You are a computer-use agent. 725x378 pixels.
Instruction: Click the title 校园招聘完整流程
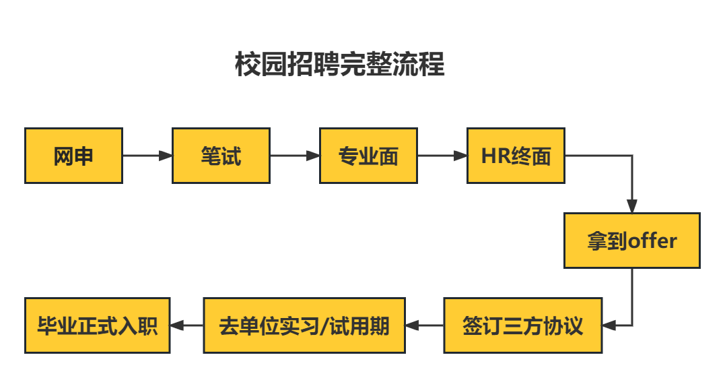(x=339, y=65)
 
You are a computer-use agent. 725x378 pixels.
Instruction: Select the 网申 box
(x=73, y=156)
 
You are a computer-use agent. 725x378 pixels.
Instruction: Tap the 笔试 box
(x=221, y=156)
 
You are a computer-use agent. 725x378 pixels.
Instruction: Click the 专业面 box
(x=368, y=156)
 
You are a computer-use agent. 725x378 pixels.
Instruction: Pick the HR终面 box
(x=516, y=156)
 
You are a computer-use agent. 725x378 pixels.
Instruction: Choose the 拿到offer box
(x=631, y=241)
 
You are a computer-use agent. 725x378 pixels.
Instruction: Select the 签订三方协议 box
(x=522, y=325)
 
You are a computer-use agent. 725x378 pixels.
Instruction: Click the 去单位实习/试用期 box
(x=304, y=325)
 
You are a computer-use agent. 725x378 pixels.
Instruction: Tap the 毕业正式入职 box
(x=97, y=325)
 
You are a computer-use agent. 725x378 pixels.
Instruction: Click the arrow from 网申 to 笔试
(x=147, y=156)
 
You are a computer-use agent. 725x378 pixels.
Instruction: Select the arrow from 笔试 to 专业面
(x=295, y=156)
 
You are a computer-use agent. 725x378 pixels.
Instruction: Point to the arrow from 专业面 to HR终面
(x=442, y=156)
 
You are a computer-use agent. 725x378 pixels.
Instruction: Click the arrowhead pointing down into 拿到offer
(x=631, y=206)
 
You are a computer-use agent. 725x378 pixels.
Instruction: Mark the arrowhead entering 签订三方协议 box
(x=609, y=325)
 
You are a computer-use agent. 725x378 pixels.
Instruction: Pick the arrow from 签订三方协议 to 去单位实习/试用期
(x=424, y=325)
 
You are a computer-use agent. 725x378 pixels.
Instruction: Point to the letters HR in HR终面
(x=495, y=156)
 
